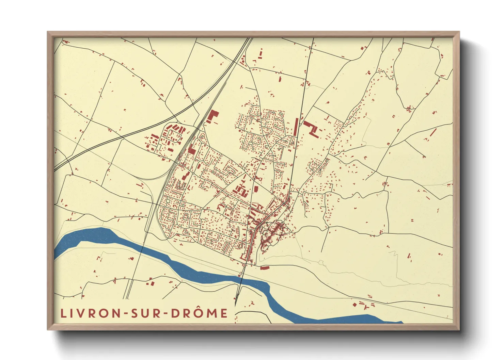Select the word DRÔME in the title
click(x=199, y=313)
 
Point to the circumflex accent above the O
click(x=200, y=307)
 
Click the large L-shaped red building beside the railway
click(x=212, y=117)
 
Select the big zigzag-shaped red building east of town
click(x=312, y=129)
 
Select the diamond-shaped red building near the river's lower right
click(x=355, y=305)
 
